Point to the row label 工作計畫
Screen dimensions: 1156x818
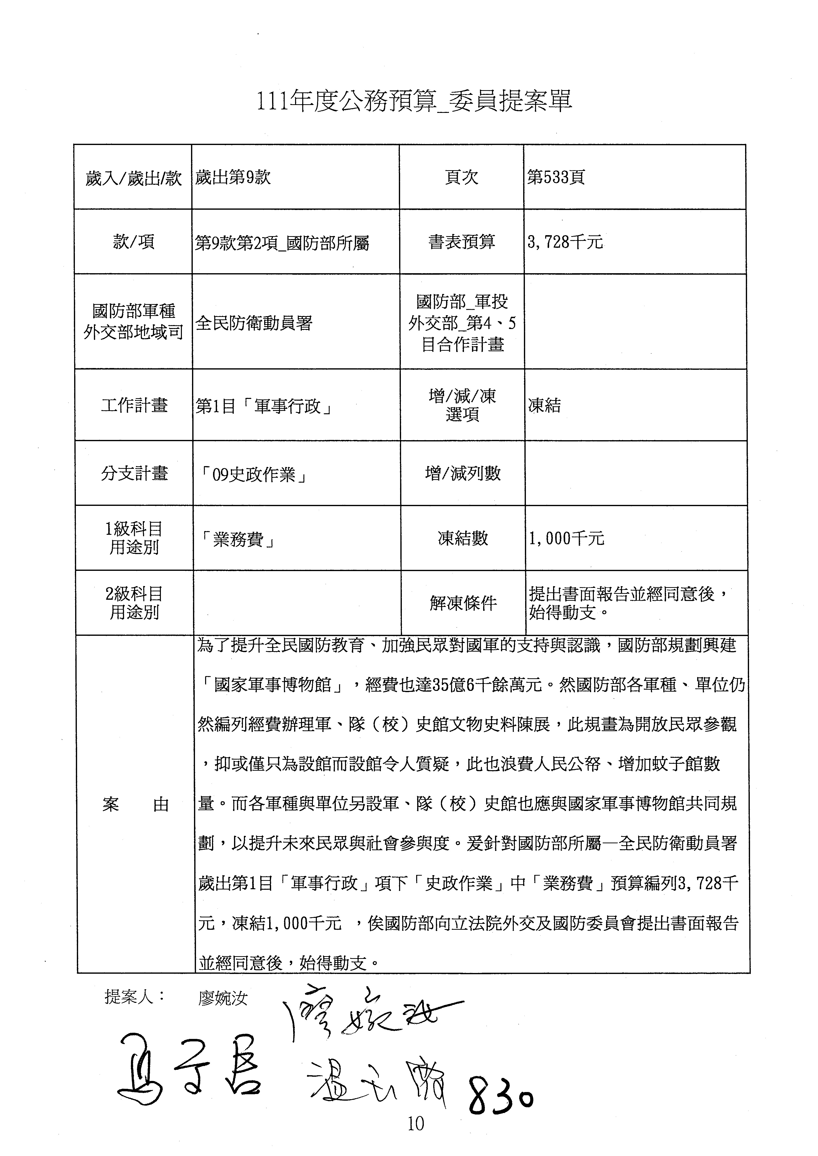tap(134, 405)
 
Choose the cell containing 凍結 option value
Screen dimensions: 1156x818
tap(544, 406)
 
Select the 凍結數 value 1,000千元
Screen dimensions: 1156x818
tap(566, 539)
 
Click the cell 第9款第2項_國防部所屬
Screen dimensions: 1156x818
tap(282, 243)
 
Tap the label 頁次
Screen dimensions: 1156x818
tap(461, 177)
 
